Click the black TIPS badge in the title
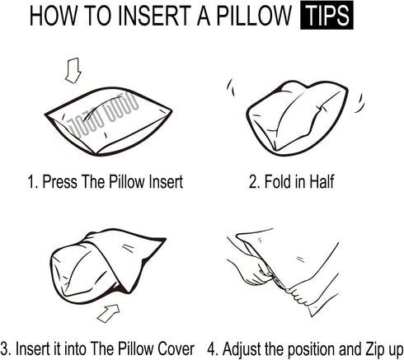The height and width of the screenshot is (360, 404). [326, 15]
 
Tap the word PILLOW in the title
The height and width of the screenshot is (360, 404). [254, 16]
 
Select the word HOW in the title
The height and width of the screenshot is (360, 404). [53, 16]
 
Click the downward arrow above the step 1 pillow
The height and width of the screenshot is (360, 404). [73, 70]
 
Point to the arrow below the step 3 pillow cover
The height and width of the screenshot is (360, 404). [109, 313]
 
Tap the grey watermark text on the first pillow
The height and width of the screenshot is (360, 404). [103, 115]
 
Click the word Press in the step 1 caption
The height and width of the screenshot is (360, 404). [59, 182]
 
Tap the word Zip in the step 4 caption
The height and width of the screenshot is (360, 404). [375, 348]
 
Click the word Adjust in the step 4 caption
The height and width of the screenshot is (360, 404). [242, 349]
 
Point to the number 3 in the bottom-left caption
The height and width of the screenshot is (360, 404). [5, 348]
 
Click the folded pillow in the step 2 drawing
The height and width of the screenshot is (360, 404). [297, 118]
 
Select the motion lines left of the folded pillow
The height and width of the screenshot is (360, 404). [231, 87]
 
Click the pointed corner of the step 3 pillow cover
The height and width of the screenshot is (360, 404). [165, 239]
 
